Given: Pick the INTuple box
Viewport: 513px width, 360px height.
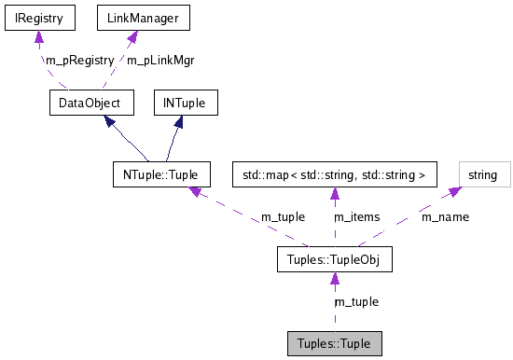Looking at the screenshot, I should tap(190, 102).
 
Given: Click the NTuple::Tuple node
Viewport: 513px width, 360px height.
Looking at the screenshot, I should tap(159, 174).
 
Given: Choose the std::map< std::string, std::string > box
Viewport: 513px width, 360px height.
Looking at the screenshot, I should tap(334, 174).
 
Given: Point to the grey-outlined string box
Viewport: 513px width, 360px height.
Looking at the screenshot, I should tap(482, 174).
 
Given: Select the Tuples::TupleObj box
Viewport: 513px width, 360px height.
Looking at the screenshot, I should tap(334, 258).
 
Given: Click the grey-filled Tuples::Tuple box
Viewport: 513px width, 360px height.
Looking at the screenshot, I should tap(334, 343).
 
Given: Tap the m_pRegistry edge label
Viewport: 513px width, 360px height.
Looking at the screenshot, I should tap(79, 60).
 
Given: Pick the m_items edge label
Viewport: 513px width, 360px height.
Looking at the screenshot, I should tap(357, 216).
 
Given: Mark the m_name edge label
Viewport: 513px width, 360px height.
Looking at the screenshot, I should tap(445, 216).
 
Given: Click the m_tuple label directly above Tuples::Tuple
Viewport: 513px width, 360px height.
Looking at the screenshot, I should tap(356, 301).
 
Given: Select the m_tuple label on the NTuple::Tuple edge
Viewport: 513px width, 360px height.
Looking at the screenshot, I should tap(283, 216).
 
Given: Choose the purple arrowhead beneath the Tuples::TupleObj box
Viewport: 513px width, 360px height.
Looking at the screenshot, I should tap(334, 279).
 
